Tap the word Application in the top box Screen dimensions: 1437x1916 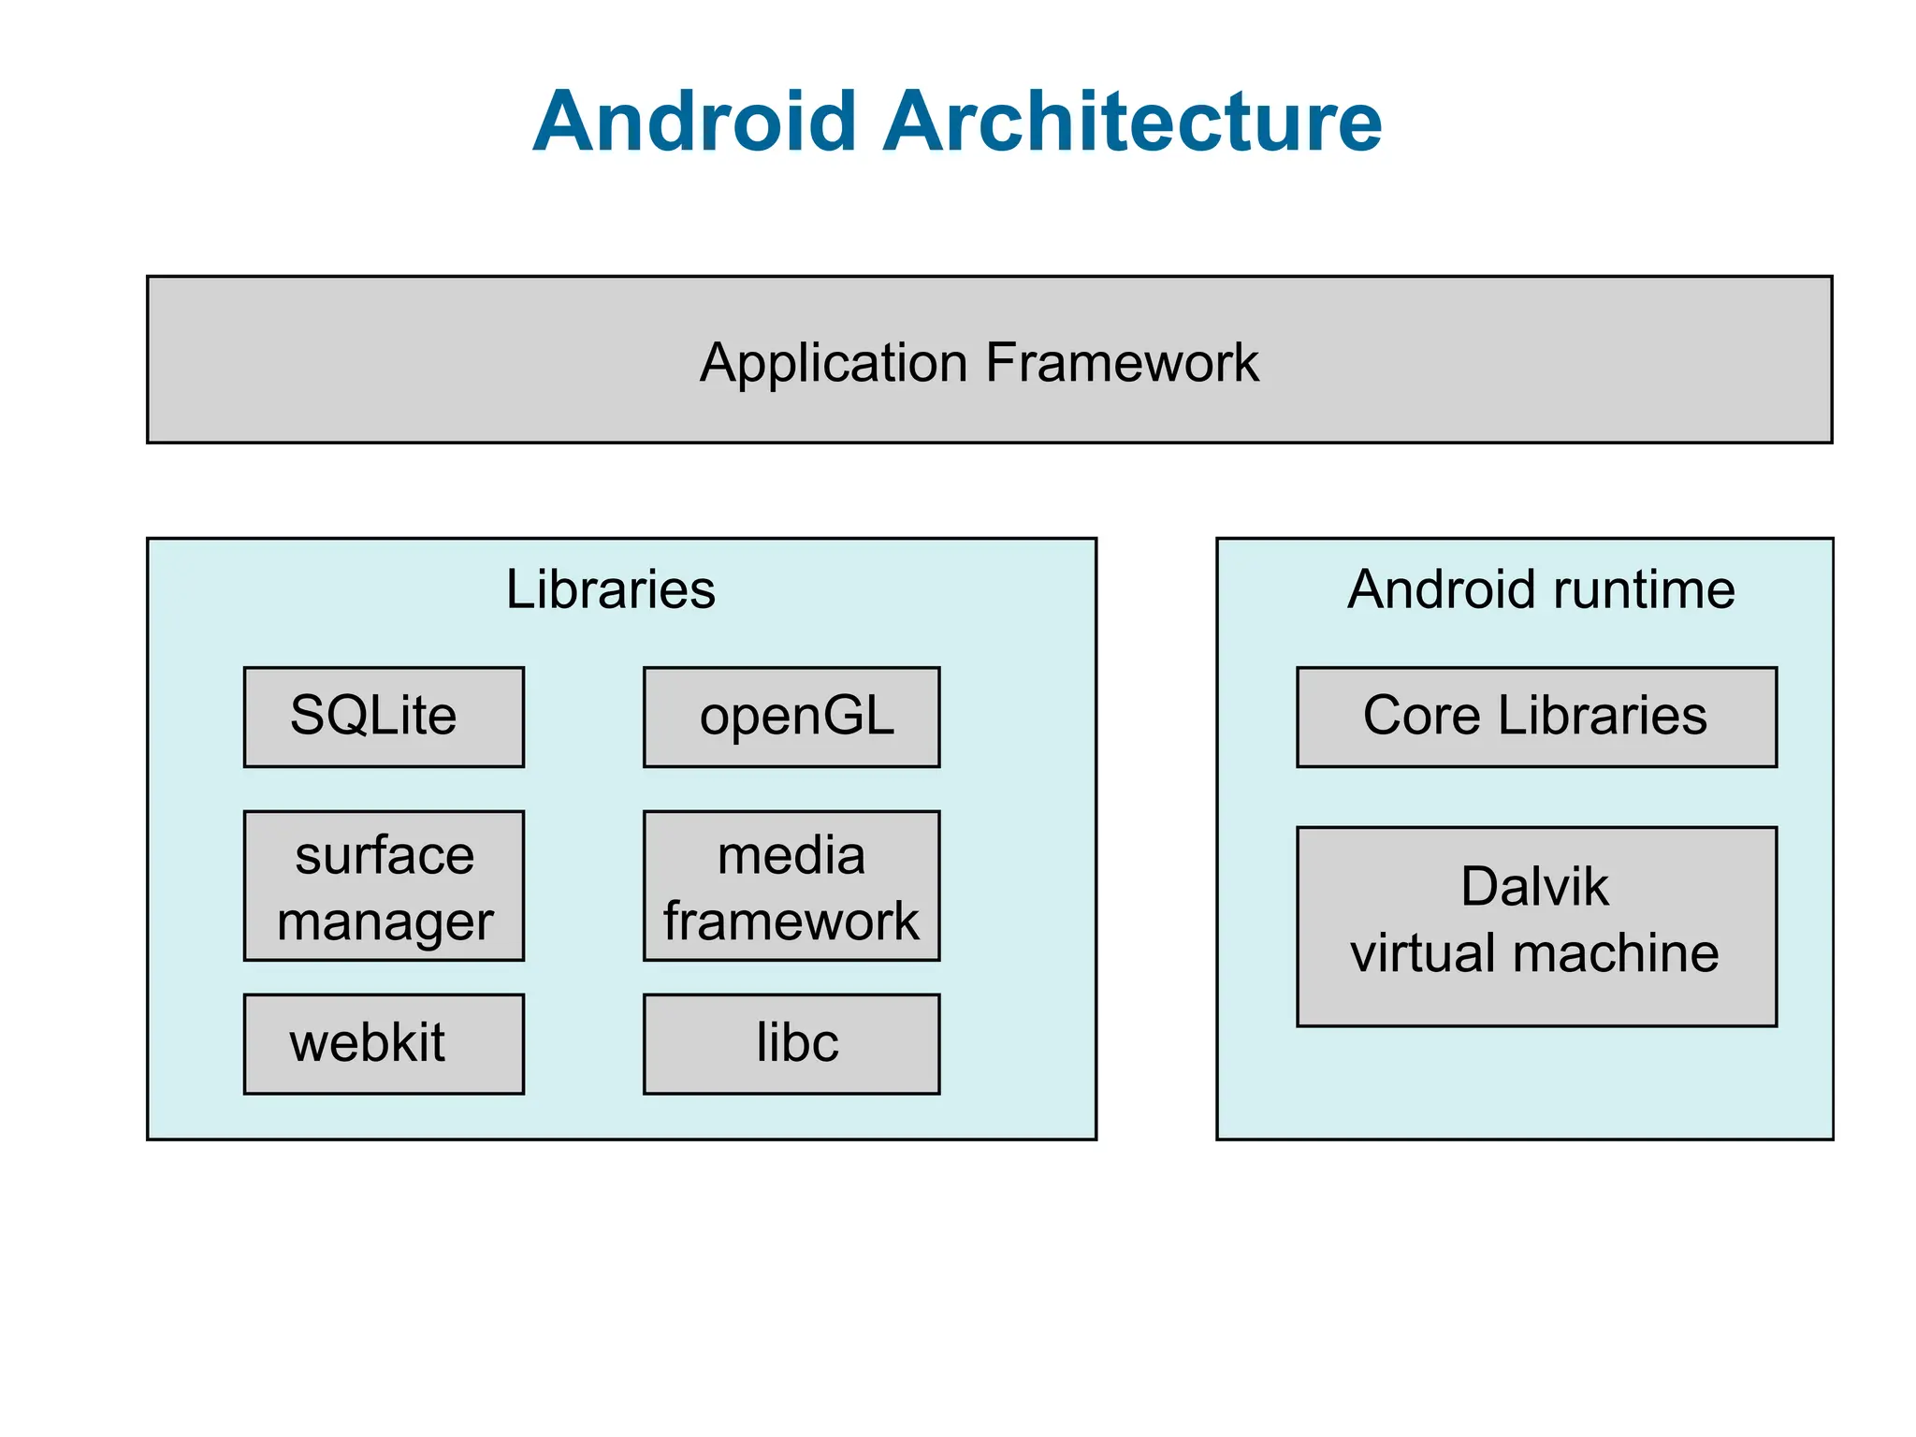click(834, 363)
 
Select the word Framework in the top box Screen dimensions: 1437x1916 click(1122, 363)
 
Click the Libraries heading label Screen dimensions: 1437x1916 click(611, 589)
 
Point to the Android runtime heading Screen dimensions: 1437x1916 click(1541, 589)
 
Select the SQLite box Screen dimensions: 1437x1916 click(384, 717)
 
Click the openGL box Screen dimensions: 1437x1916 click(791, 717)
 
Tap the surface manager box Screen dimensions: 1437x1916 click(384, 885)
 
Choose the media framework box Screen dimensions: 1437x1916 click(791, 885)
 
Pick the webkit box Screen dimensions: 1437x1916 click(384, 1043)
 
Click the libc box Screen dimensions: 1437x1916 click(791, 1043)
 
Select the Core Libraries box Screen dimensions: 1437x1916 click(1536, 717)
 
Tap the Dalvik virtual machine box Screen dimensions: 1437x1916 click(1536, 926)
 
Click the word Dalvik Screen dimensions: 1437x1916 click(1534, 886)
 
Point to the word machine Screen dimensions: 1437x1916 click(1616, 953)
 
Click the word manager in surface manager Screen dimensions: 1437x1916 click(385, 922)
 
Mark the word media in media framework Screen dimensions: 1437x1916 click(791, 855)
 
